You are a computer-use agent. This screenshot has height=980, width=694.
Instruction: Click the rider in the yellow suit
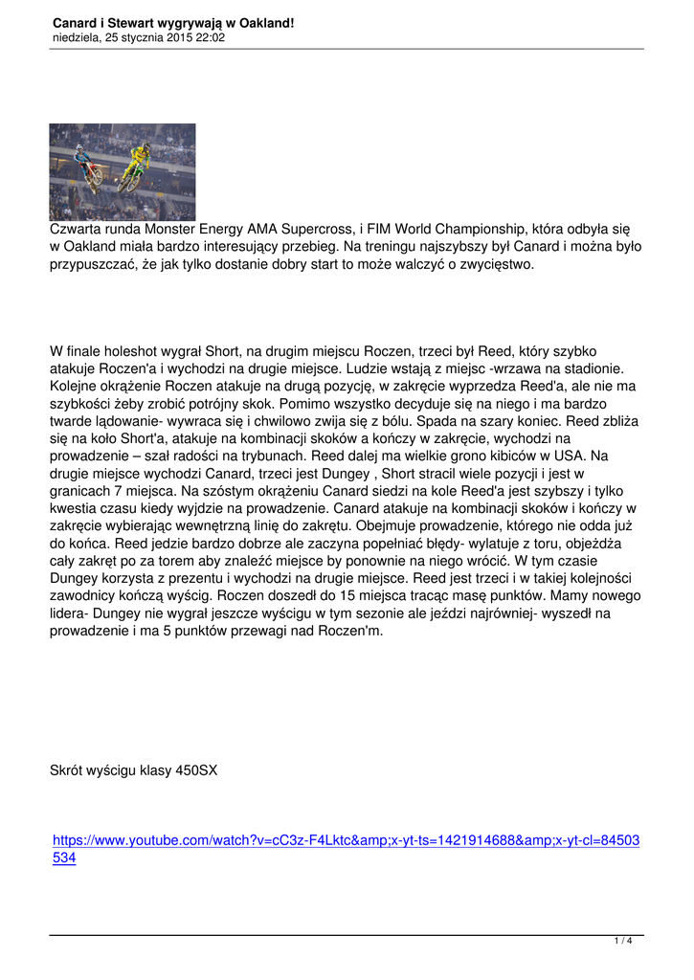(140, 153)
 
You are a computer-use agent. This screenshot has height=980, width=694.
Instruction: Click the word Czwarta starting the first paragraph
(79, 230)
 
